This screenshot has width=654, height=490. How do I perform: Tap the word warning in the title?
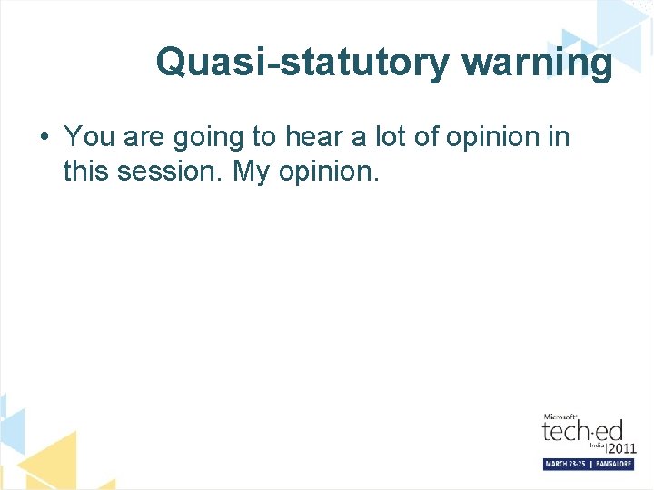pyautogui.click(x=537, y=63)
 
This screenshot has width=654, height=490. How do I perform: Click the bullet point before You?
pyautogui.click(x=44, y=138)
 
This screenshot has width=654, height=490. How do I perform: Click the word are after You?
pyautogui.click(x=143, y=138)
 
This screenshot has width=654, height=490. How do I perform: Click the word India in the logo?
pyautogui.click(x=596, y=444)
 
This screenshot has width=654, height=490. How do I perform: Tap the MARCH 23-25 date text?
pyautogui.click(x=565, y=464)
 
